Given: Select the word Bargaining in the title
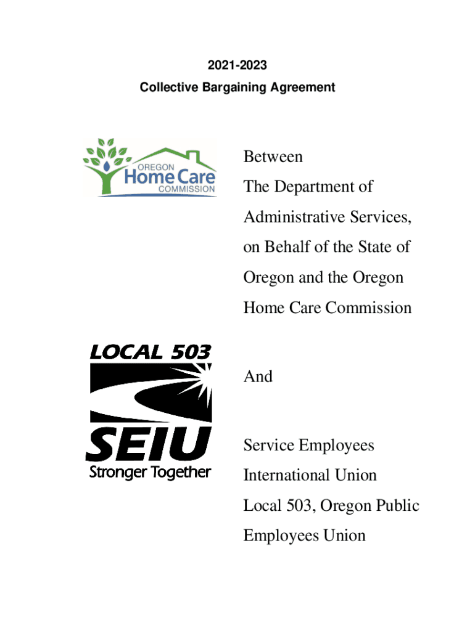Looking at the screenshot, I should coord(239,88).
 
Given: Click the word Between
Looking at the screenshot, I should coord(273,157).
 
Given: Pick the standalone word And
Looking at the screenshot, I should coord(258,377).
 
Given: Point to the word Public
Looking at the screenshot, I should coord(398,506).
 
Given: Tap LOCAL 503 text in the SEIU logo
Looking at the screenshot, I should coord(150,352).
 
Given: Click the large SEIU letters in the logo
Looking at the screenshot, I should coord(149,444).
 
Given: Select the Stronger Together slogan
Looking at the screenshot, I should coord(150,473).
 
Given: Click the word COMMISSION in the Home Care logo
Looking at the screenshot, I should coord(188,189).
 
